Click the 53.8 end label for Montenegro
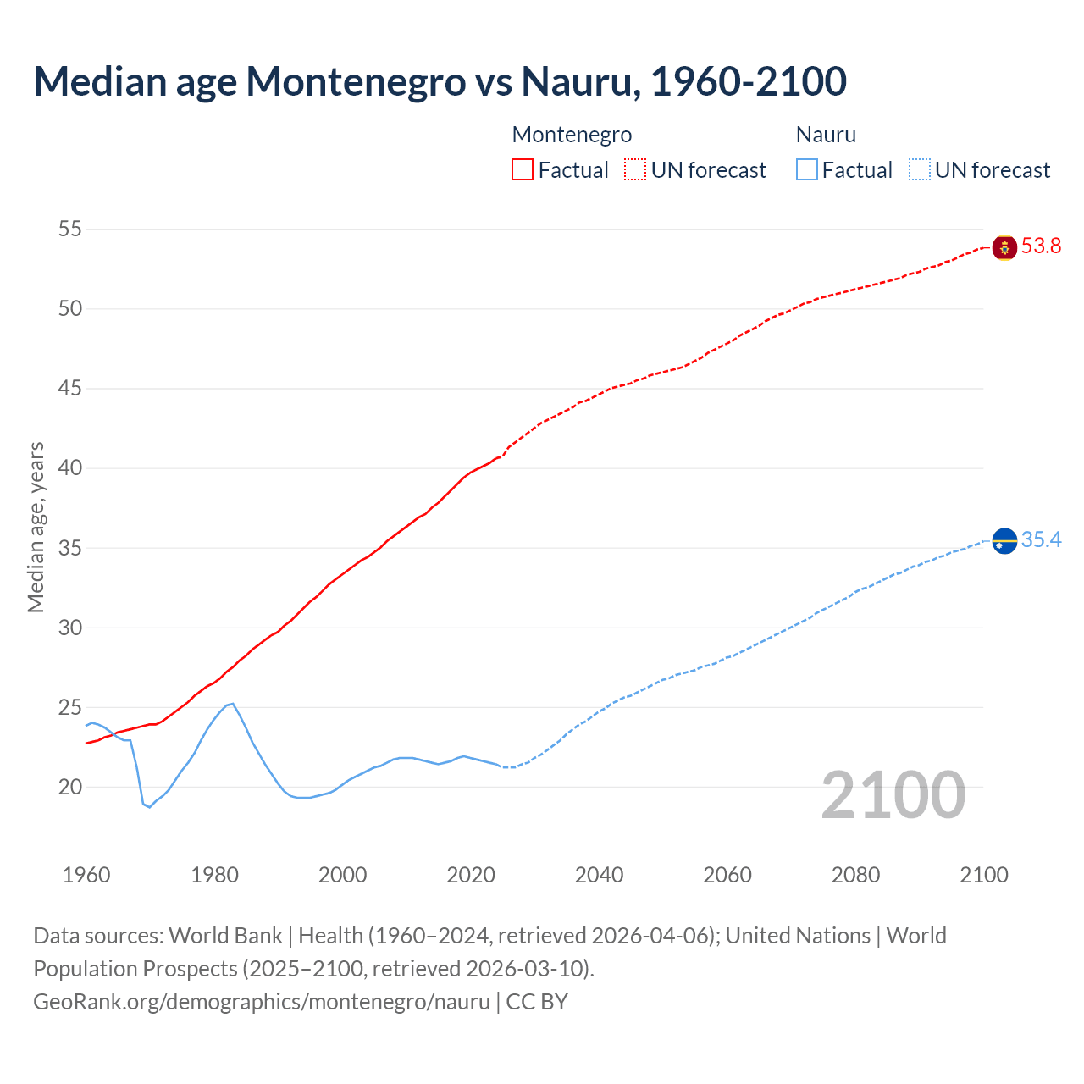click(1041, 246)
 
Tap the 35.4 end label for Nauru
click(1041, 540)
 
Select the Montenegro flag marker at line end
click(1004, 247)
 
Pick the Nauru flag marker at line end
click(1004, 540)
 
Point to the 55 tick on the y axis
click(71, 229)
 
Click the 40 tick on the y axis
click(71, 468)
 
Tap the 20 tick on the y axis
click(71, 787)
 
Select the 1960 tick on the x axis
click(86, 875)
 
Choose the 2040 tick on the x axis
click(599, 875)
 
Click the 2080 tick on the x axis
click(855, 875)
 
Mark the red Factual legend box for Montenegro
click(523, 169)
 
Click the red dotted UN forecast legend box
click(635, 169)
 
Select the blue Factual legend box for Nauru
click(807, 169)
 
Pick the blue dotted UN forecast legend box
click(919, 169)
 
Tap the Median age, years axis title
click(36, 527)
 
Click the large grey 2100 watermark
click(893, 794)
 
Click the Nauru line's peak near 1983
click(232, 703)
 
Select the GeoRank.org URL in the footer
click(262, 1001)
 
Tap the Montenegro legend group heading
click(572, 135)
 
